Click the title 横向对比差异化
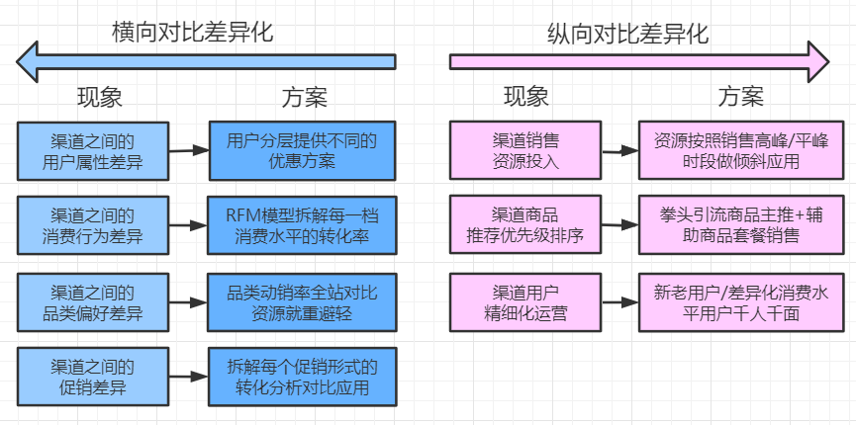[x=192, y=32]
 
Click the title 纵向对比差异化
[x=627, y=34]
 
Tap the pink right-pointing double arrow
[x=639, y=61]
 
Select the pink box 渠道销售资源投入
[x=525, y=150]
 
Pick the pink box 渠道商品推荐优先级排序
[x=525, y=225]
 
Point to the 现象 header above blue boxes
[x=100, y=98]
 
